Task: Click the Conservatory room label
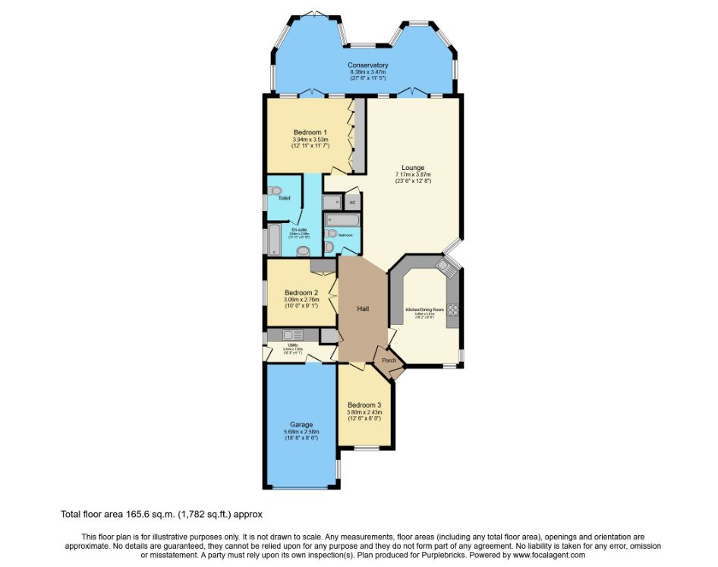pyautogui.click(x=368, y=65)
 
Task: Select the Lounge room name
pyautogui.click(x=413, y=168)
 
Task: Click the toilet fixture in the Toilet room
pyautogui.click(x=276, y=191)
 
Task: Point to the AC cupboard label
pyautogui.click(x=352, y=203)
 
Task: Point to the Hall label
pyautogui.click(x=363, y=308)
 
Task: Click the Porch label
pyautogui.click(x=389, y=360)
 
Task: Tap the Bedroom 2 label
pyautogui.click(x=301, y=292)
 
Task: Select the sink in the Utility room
pyautogui.click(x=288, y=335)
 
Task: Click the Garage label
pyautogui.click(x=301, y=424)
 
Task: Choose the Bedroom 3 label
pyautogui.click(x=364, y=405)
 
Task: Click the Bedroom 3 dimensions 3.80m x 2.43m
pyautogui.click(x=364, y=412)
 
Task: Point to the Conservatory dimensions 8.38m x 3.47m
pyautogui.click(x=368, y=72)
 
